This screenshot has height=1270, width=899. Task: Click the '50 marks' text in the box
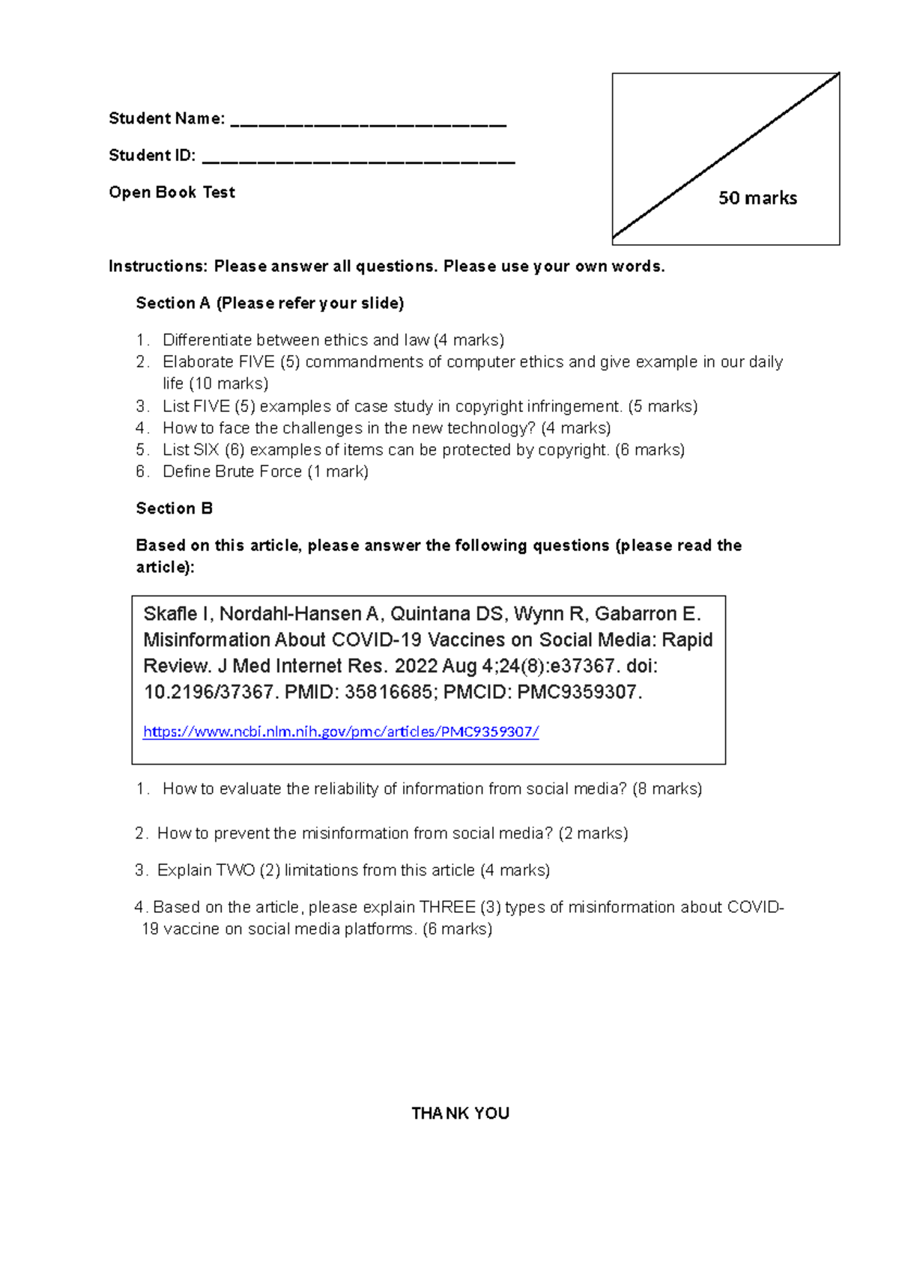tap(757, 198)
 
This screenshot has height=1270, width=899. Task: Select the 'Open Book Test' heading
tap(172, 192)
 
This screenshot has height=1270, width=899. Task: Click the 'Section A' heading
tap(173, 303)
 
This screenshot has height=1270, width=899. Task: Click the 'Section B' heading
tap(174, 508)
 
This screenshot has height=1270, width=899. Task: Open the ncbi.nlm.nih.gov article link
tap(341, 732)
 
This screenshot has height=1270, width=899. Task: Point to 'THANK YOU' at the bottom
tap(460, 1113)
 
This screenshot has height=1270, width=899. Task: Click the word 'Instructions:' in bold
tap(158, 267)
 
